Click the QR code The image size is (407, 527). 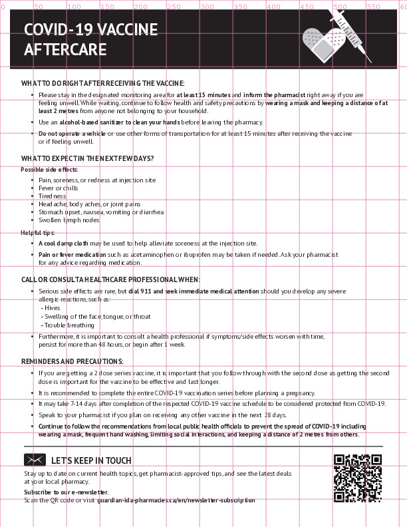tap(358, 478)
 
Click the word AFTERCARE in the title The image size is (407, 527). tap(65, 50)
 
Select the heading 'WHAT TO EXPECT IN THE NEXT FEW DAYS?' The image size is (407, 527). tap(88, 158)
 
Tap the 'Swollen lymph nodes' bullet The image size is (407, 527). tap(69, 220)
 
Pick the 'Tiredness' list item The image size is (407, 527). tap(53, 196)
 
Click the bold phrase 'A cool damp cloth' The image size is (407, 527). tap(63, 244)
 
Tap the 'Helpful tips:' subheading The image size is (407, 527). tap(38, 233)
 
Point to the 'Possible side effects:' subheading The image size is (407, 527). tap(49, 170)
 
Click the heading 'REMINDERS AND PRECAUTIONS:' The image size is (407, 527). tap(72, 361)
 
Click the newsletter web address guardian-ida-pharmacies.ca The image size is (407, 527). tap(176, 500)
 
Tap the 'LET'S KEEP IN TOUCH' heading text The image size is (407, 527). tap(91, 460)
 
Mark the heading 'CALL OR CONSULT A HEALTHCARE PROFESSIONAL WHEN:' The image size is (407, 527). tap(110, 279)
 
